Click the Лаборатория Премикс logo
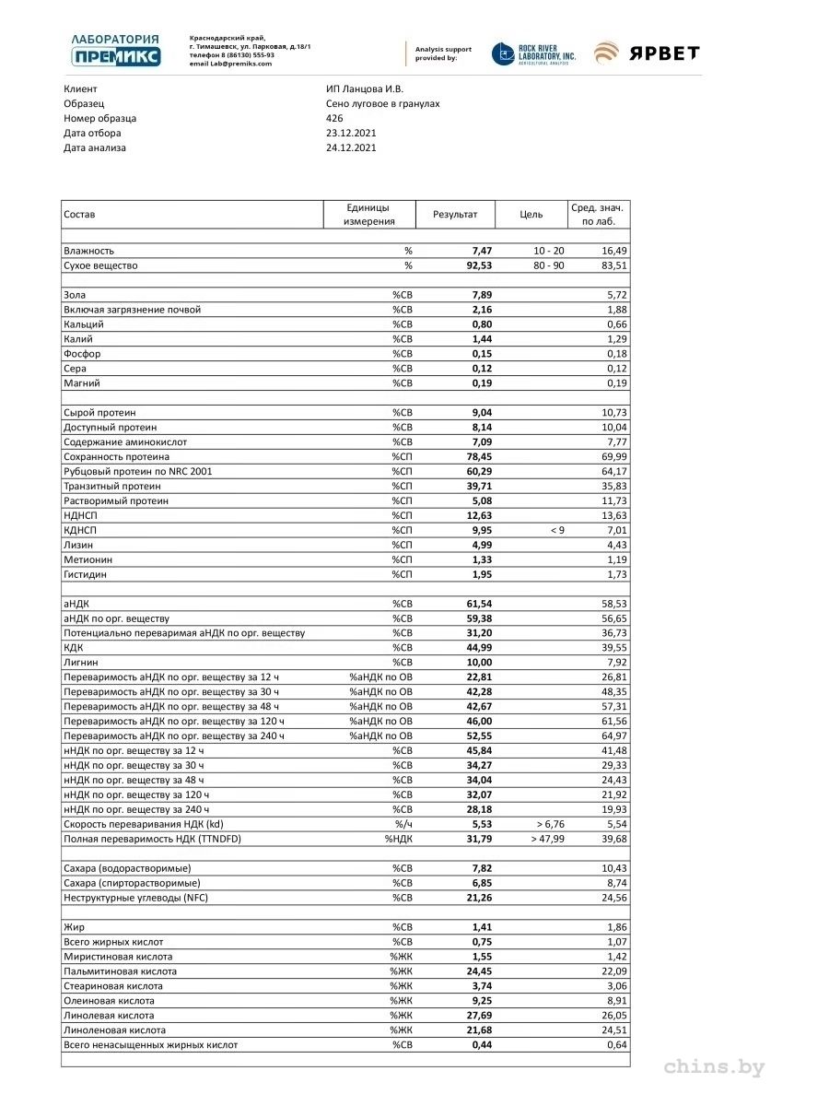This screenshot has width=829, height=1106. point(115,50)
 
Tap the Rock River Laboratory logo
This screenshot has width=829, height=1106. point(534,54)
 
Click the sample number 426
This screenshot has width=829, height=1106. point(334,118)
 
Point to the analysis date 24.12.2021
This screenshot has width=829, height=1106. point(351,147)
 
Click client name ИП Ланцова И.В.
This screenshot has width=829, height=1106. point(364,88)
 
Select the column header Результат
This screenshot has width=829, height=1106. point(455,215)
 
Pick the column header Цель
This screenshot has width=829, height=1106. point(531,215)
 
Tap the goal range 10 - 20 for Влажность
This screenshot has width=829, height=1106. point(549,251)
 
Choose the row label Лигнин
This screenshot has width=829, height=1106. point(81,662)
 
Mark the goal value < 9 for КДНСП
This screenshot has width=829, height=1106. point(555,530)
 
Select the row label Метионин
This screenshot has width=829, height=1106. point(88,559)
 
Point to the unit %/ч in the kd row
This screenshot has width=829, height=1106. point(403,824)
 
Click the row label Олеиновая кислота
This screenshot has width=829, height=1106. point(109,1000)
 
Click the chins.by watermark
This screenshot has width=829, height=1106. point(714,1067)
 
